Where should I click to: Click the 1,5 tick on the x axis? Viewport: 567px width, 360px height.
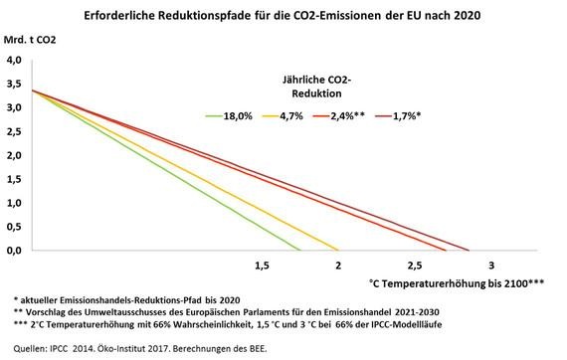pos(263,266)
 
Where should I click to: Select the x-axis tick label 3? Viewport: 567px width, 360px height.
pos(491,266)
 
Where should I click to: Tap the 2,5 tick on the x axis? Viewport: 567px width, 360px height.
pos(415,266)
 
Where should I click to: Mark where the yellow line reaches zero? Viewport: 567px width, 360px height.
pos(338,251)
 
